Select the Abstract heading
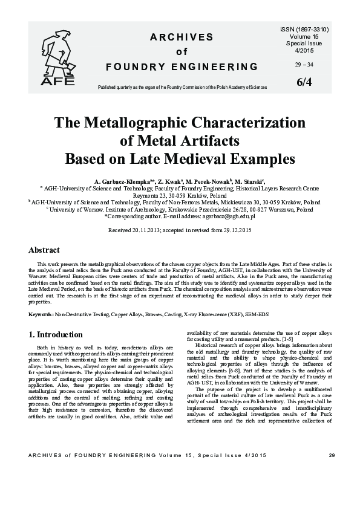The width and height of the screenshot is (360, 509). [44, 250]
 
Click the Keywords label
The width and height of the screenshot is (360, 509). [41, 315]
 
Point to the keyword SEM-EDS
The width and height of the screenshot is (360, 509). [256, 315]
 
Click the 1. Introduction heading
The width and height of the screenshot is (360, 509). [56, 334]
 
